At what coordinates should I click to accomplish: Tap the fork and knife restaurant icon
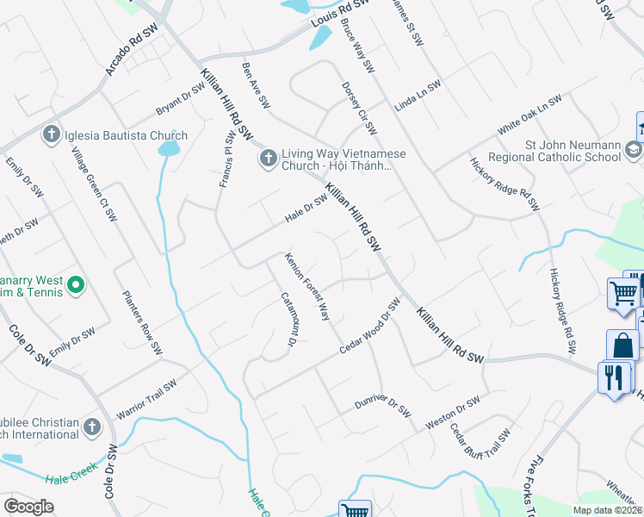coord(614,378)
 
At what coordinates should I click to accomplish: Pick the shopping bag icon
coord(622,346)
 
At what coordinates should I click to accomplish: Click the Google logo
coord(28,506)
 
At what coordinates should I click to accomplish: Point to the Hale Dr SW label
coord(307,209)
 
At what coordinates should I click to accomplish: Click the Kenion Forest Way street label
coord(308,287)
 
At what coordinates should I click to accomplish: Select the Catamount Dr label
coord(288,319)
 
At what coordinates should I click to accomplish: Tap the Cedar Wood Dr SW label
coord(371,325)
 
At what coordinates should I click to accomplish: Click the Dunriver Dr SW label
coord(385,399)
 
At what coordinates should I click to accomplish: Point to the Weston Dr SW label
coord(453,408)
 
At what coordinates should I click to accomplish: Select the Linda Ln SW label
coord(418,96)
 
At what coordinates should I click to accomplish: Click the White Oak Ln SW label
coord(529,114)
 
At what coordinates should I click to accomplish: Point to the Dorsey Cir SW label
coord(359,108)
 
